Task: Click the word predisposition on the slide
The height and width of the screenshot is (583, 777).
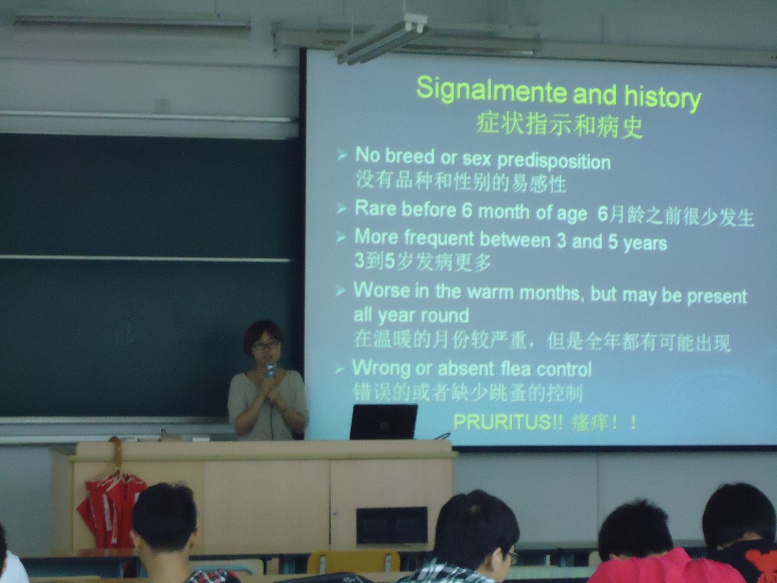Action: (x=554, y=162)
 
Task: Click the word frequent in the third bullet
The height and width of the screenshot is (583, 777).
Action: (x=439, y=238)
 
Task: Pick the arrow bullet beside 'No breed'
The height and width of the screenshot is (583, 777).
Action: (x=341, y=154)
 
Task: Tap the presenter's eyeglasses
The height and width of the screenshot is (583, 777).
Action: (x=266, y=345)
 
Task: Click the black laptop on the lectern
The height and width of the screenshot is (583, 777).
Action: (x=383, y=422)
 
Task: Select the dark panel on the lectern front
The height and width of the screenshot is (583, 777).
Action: (x=392, y=526)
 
